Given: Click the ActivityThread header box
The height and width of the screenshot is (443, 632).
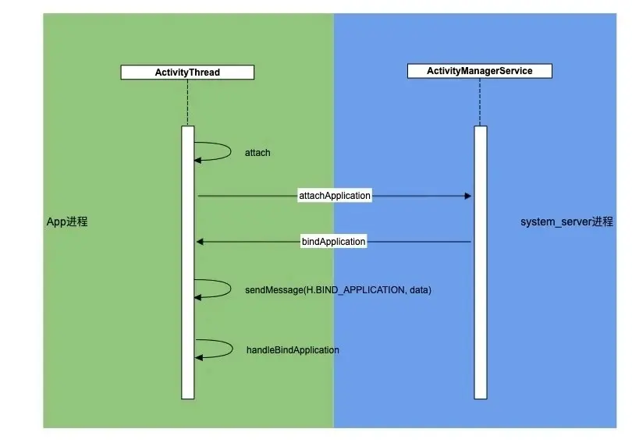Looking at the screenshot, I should click(187, 73).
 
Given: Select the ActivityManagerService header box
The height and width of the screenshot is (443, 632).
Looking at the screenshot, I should click(479, 71).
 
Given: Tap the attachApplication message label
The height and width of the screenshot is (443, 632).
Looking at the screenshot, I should click(335, 196).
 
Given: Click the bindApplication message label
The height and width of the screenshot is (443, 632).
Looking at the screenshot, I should click(333, 242).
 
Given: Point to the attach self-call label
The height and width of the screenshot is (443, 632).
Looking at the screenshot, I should click(257, 153).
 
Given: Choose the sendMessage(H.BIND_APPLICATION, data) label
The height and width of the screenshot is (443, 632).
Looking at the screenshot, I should click(338, 290).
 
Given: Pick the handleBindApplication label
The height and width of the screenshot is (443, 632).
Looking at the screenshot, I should click(293, 350).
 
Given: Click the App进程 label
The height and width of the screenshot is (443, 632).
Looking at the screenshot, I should click(67, 222).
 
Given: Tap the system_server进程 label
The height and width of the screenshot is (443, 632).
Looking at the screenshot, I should click(566, 222).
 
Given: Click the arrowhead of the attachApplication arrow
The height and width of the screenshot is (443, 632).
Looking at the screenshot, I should click(468, 196).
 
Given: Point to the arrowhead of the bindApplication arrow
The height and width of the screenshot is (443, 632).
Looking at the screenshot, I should click(200, 242).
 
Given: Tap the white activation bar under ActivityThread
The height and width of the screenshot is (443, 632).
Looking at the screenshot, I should click(187, 328).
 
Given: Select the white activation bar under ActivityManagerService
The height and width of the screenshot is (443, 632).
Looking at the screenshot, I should click(480, 328).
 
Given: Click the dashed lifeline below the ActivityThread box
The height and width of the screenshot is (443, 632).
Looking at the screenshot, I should click(187, 102).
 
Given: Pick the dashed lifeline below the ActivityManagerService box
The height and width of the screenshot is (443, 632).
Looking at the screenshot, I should click(480, 101).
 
